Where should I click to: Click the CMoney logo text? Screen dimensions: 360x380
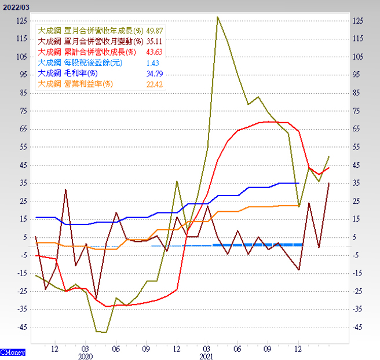pyautogui.click(x=12, y=352)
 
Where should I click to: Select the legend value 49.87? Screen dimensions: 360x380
pyautogui.click(x=155, y=30)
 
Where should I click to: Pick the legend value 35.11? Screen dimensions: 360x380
pyautogui.click(x=155, y=41)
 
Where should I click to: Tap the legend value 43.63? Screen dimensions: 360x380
pyautogui.click(x=155, y=52)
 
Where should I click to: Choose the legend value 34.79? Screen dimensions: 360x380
pyautogui.click(x=155, y=74)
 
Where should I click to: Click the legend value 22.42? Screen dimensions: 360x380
pyautogui.click(x=155, y=84)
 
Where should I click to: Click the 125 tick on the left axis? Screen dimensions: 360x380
pyautogui.click(x=22, y=21)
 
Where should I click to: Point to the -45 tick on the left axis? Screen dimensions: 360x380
pyautogui.click(x=22, y=328)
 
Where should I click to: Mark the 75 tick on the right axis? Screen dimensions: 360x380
pyautogui.click(x=357, y=111)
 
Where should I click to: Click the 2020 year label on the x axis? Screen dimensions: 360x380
pyautogui.click(x=85, y=357)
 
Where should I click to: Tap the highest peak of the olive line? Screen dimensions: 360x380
pyautogui.click(x=217, y=17)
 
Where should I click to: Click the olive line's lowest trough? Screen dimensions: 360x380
pyautogui.click(x=101, y=332)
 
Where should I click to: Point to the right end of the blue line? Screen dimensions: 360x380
pyautogui.click(x=298, y=183)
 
